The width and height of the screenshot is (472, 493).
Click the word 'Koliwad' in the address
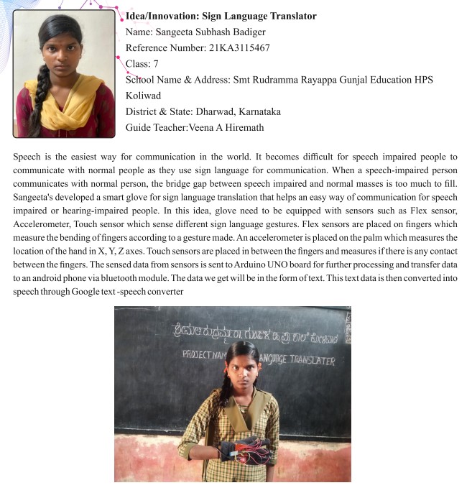pos(143,96)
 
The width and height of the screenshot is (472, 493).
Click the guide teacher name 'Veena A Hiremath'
pos(226,127)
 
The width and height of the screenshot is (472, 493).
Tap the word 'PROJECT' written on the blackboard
pos(198,354)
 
